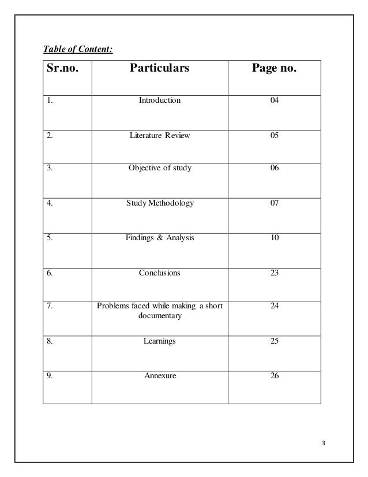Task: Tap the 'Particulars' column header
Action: click(x=159, y=70)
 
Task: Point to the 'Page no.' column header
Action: click(x=274, y=70)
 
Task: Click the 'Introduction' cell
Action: click(x=159, y=100)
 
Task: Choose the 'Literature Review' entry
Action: click(x=159, y=136)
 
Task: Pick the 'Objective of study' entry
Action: click(x=159, y=169)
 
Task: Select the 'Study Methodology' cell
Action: click(x=159, y=203)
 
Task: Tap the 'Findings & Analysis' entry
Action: click(x=159, y=237)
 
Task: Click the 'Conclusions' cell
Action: click(x=159, y=271)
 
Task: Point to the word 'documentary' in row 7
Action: click(x=159, y=315)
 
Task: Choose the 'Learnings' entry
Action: click(x=159, y=341)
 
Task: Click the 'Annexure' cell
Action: click(x=159, y=376)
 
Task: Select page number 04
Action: click(x=274, y=100)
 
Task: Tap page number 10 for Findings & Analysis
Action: click(x=274, y=237)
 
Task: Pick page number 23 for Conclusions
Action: click(x=274, y=271)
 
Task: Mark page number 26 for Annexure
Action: click(x=274, y=376)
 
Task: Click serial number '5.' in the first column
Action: click(x=51, y=237)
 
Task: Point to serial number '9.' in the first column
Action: click(x=51, y=376)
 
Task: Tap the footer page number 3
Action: click(x=324, y=443)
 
